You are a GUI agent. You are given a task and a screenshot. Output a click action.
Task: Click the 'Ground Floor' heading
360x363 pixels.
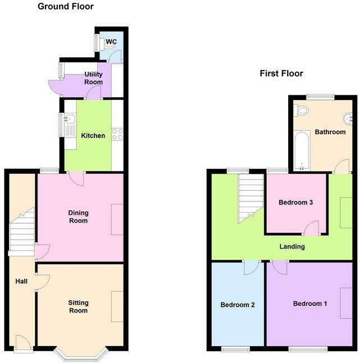(65, 7)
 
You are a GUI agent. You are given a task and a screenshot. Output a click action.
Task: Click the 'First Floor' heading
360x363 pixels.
(281, 73)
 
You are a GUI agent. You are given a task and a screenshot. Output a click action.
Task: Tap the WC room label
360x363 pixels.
(111, 42)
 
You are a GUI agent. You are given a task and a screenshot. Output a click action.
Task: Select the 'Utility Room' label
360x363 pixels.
(93, 78)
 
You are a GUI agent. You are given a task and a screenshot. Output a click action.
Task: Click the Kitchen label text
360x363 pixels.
(93, 136)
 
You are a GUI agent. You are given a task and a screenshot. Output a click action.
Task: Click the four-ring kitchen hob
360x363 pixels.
(118, 134)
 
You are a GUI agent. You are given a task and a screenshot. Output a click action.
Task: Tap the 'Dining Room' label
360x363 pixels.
(79, 217)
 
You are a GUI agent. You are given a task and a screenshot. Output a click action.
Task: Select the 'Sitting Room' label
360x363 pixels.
(79, 306)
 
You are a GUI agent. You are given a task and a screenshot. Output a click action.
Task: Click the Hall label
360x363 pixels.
(22, 282)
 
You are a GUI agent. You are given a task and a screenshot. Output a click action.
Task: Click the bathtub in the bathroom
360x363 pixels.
(302, 150)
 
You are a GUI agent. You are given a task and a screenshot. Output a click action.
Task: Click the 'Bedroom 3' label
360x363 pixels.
(295, 203)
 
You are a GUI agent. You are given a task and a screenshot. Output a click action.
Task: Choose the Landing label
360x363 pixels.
(292, 246)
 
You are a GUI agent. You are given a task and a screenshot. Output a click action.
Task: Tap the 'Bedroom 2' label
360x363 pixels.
(238, 305)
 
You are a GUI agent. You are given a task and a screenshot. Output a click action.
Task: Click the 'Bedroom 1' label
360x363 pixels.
(311, 304)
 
